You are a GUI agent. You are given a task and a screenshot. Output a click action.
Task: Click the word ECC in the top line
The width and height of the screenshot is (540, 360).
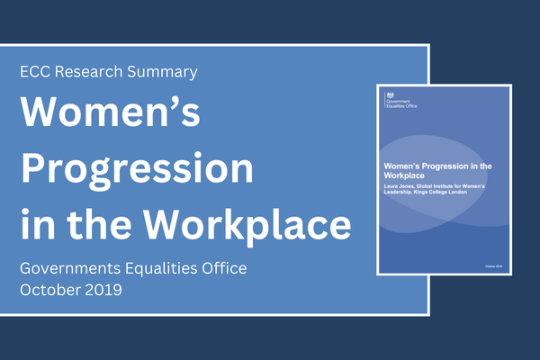point(38,70)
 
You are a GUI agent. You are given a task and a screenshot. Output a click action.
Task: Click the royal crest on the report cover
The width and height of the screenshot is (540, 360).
point(390,94)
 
